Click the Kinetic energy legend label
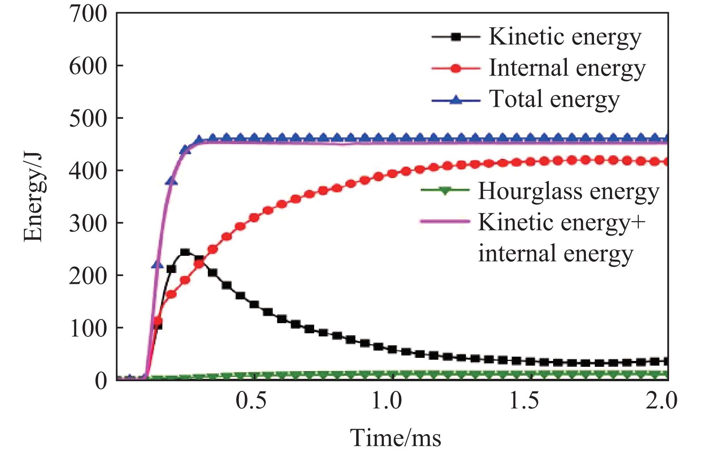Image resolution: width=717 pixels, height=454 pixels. [565, 37]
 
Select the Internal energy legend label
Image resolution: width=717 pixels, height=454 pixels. [567, 68]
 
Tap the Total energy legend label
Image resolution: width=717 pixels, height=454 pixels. [554, 99]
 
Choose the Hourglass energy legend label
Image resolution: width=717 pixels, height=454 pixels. [569, 191]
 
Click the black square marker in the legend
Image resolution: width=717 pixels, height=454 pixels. [456, 37]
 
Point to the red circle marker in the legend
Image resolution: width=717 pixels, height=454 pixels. [456, 69]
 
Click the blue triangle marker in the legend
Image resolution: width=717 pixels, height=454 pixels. [456, 100]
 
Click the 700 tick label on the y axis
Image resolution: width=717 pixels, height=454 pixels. [88, 14]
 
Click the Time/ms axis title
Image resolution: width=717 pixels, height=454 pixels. [396, 438]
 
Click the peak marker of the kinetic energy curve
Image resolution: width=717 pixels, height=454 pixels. [185, 252]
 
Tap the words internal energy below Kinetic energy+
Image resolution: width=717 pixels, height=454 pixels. [555, 253]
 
